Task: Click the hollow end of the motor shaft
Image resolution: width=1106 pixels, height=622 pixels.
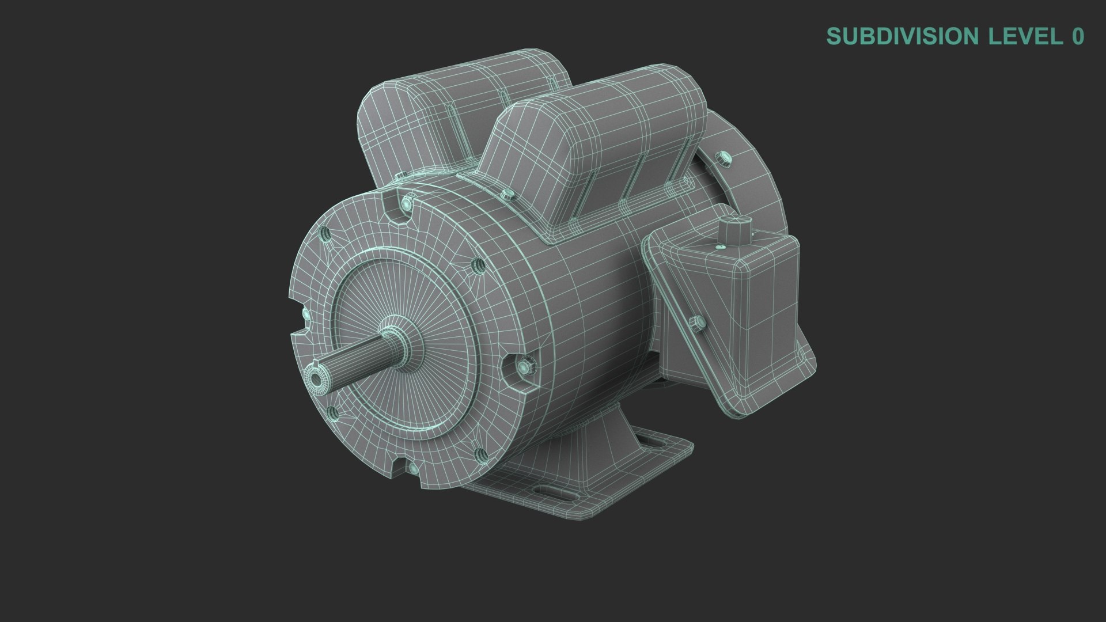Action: click(315, 378)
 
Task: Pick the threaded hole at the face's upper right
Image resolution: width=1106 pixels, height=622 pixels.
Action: click(478, 265)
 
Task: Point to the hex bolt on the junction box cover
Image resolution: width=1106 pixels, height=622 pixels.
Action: click(695, 323)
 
